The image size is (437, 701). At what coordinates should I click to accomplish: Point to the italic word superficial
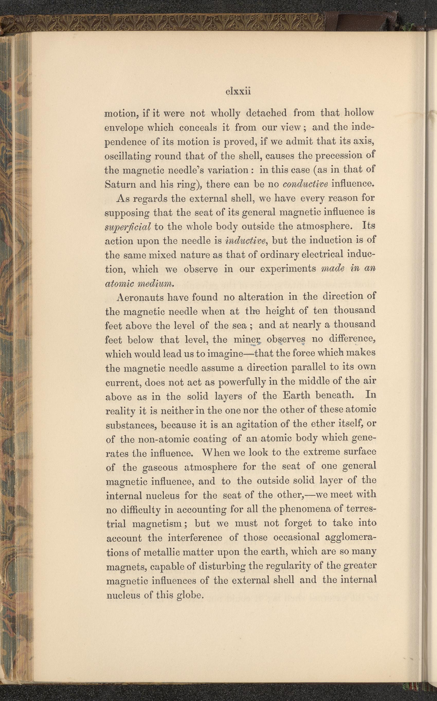[x=128, y=227]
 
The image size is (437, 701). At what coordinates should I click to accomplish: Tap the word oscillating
[x=128, y=156]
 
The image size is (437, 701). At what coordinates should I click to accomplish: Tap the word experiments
[x=288, y=269]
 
